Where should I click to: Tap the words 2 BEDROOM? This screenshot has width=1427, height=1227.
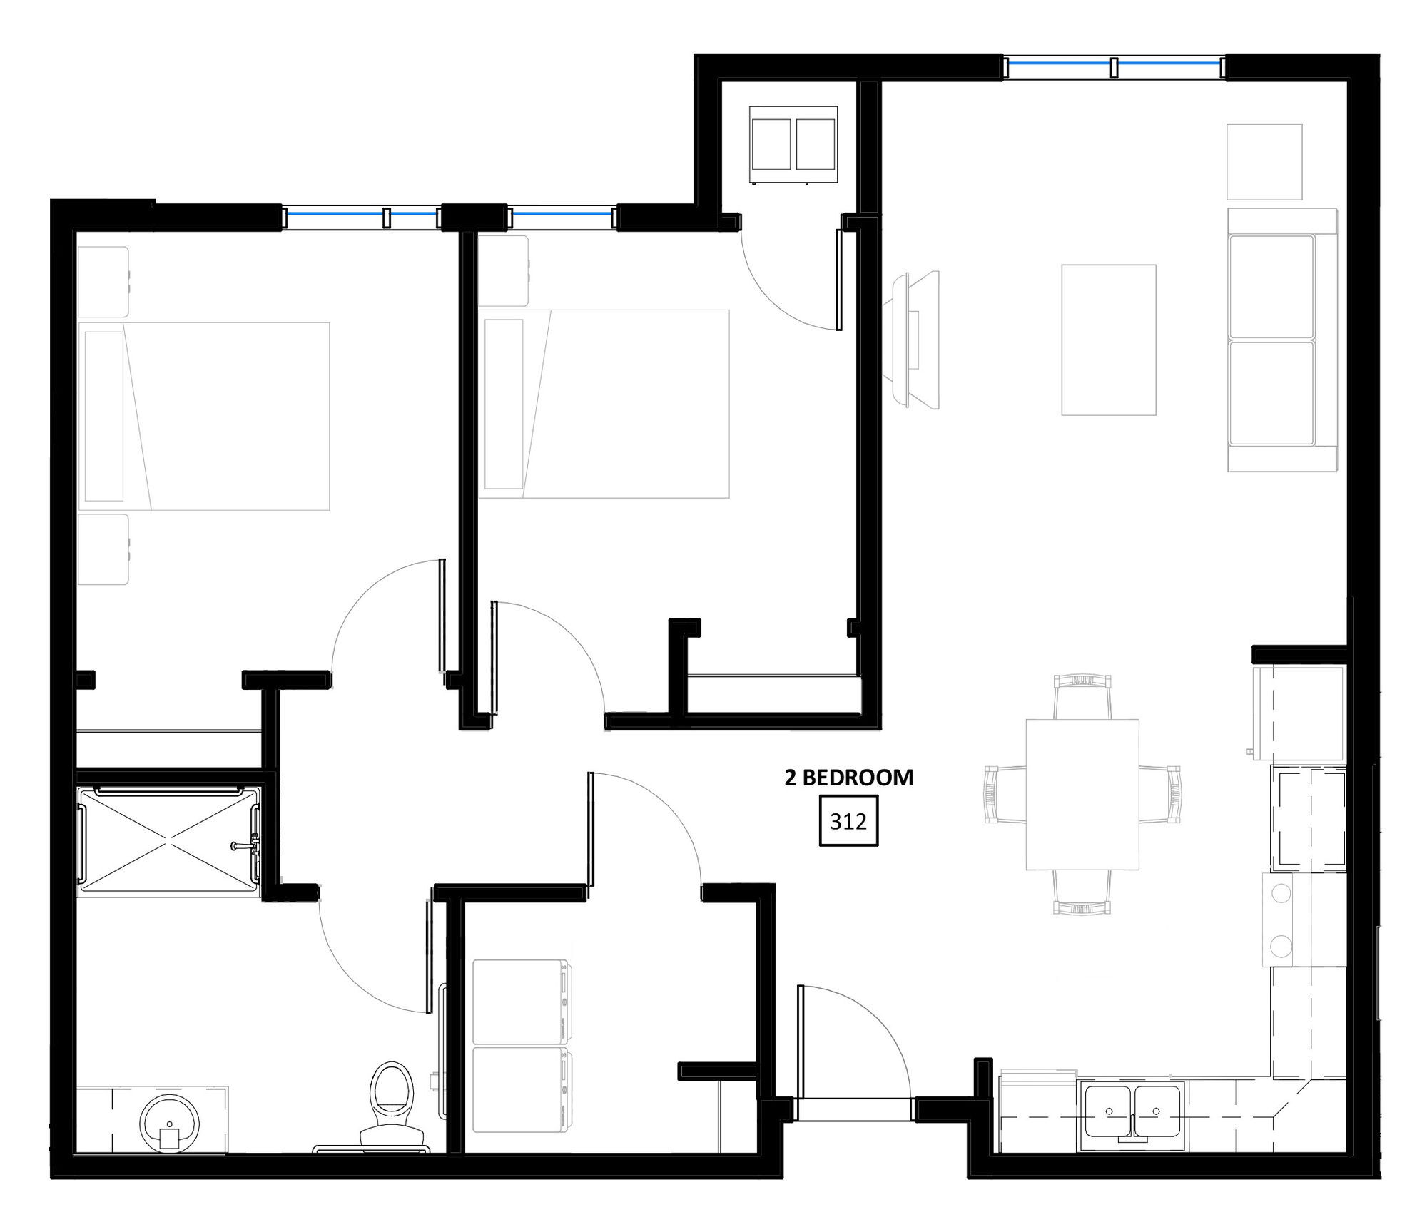click(x=849, y=778)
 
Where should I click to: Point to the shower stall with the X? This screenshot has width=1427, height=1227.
click(x=168, y=840)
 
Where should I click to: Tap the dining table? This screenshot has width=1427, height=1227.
click(x=1082, y=794)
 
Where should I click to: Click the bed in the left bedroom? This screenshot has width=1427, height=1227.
click(x=204, y=416)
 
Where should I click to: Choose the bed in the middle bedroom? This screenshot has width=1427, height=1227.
click(x=604, y=404)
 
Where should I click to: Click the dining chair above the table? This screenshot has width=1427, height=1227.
click(x=1082, y=696)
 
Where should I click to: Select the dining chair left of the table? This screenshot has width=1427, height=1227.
click(x=1005, y=794)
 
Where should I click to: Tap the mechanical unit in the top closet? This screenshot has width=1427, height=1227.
click(x=793, y=145)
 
